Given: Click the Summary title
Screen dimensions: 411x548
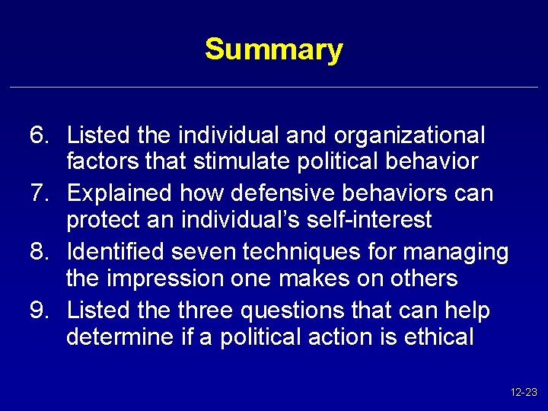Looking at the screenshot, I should pyautogui.click(x=274, y=50).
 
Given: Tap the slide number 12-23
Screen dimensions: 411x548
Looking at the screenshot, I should pyautogui.click(x=524, y=393).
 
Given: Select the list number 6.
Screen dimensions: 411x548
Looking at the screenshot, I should pyautogui.click(x=39, y=135).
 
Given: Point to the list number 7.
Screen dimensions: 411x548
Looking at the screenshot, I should pyautogui.click(x=39, y=193).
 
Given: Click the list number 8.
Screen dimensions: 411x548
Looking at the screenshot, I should pyautogui.click(x=39, y=251).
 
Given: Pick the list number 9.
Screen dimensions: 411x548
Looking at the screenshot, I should pyautogui.click(x=39, y=311).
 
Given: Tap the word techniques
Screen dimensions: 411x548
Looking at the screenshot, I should pyautogui.click(x=307, y=251).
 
